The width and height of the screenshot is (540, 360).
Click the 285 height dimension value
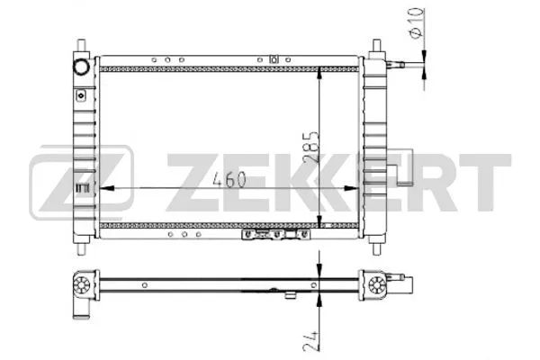point(310,144)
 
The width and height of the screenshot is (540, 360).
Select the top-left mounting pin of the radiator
point(82,46)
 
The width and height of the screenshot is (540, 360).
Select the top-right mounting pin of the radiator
point(376,46)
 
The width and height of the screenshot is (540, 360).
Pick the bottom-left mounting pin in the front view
point(82,242)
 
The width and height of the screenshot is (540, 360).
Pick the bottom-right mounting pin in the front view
point(376,242)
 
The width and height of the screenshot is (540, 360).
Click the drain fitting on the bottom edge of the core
point(270,236)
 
